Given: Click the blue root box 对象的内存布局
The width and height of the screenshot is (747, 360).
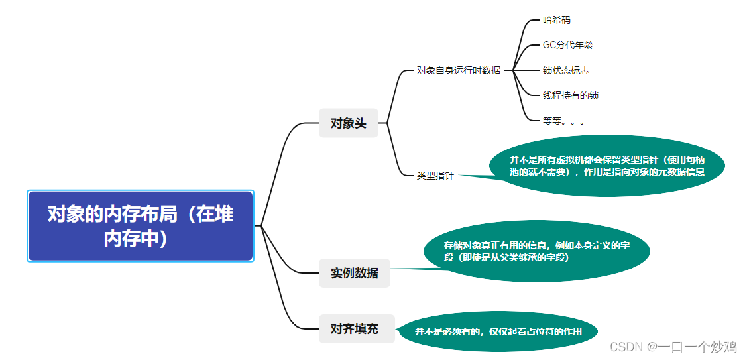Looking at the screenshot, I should (x=141, y=226).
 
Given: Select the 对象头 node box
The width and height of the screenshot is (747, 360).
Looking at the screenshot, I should (x=349, y=123).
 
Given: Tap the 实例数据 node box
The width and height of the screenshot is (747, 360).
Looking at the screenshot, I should (x=355, y=272).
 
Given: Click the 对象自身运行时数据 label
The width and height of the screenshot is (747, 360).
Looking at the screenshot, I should (x=459, y=70).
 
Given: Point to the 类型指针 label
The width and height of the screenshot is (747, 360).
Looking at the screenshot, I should (x=435, y=176).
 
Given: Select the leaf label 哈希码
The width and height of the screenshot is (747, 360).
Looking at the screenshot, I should (x=556, y=20).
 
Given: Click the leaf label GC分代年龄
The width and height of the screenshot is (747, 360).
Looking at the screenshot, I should (x=567, y=45).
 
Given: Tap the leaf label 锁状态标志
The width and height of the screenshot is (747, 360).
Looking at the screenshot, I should (x=565, y=70).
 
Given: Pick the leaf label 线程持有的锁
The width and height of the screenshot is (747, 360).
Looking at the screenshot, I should (x=570, y=95).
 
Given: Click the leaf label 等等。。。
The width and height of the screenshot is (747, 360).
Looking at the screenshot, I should (x=563, y=121).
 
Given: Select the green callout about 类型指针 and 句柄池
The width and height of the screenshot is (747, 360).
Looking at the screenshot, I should (x=606, y=166).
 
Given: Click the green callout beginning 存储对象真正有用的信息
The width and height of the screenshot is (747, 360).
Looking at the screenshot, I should (x=537, y=251).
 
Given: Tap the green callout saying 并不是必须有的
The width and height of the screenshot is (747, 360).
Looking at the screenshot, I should (x=498, y=331).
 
